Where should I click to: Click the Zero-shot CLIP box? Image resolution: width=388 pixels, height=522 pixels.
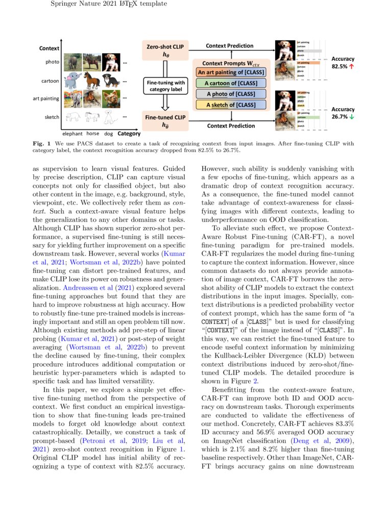[165, 51]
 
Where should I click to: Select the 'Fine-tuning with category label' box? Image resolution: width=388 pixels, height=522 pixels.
[165, 86]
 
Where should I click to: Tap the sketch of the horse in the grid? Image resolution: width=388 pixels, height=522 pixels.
[92, 117]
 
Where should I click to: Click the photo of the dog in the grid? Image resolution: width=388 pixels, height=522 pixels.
[110, 62]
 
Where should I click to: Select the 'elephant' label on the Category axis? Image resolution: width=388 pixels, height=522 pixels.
[72, 134]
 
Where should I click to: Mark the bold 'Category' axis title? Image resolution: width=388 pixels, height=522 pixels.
[129, 134]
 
